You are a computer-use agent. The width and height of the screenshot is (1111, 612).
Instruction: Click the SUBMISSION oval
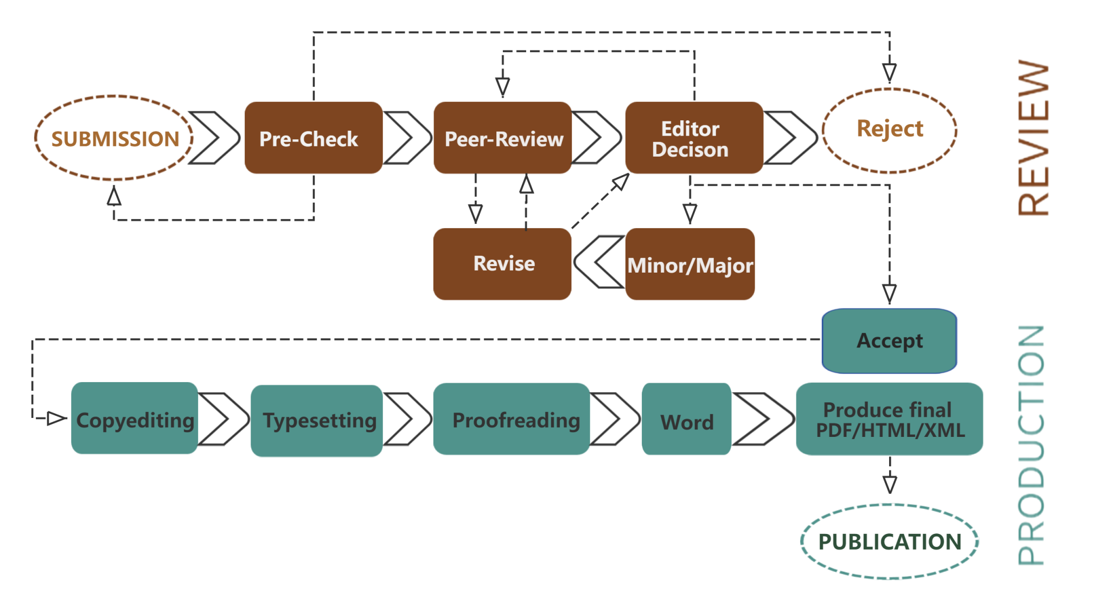(x=114, y=138)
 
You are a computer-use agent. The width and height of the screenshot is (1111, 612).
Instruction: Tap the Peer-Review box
(x=503, y=138)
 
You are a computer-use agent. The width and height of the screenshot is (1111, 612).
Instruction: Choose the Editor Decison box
(x=694, y=138)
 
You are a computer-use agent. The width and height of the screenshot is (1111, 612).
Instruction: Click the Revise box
(x=502, y=264)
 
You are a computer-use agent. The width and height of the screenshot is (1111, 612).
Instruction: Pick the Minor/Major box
(x=690, y=265)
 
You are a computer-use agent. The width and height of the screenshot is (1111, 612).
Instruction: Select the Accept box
(x=890, y=341)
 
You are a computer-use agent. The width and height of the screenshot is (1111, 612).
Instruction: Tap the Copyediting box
(x=135, y=418)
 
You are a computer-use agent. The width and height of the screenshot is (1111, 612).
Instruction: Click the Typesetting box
(x=317, y=421)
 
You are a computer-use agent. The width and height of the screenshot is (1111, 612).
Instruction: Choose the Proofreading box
(x=512, y=419)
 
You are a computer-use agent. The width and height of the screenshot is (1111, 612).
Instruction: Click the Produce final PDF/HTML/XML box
(x=890, y=419)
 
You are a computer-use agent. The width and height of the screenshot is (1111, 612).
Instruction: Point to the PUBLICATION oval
(x=890, y=541)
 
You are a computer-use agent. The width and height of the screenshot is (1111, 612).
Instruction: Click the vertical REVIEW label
(x=1033, y=138)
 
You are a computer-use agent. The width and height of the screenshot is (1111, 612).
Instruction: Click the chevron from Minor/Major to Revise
(x=598, y=262)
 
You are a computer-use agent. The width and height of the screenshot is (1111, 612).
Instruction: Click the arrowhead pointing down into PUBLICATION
(x=890, y=484)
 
